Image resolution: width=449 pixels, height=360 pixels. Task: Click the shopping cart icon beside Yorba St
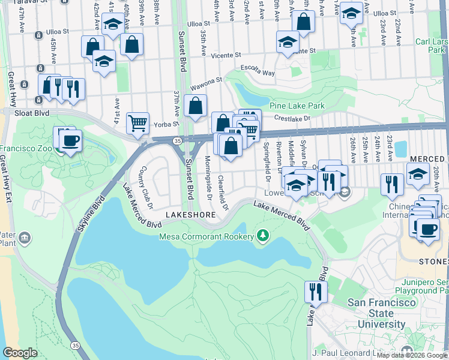point(138,124)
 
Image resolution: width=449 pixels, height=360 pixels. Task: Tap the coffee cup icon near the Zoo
point(70,141)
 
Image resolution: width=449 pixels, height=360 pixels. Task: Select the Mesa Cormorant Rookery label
point(206,236)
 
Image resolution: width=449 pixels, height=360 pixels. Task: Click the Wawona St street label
point(207,79)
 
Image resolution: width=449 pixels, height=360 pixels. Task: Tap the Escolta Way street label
point(258,71)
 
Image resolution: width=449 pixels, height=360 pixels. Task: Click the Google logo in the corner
point(20,353)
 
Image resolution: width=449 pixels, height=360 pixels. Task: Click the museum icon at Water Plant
point(25,239)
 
